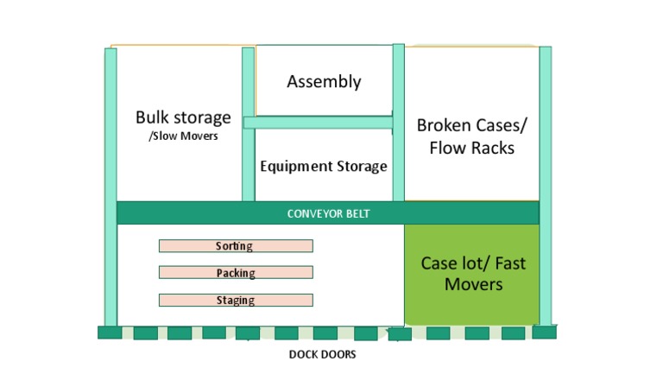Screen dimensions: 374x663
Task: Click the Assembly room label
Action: point(324,82)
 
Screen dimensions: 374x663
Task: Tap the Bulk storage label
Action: point(183,117)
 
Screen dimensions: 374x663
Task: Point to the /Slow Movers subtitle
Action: point(183,136)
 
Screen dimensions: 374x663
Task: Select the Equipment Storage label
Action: point(324,166)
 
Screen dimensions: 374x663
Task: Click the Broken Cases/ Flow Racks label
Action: point(471,136)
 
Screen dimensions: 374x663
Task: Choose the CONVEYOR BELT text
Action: point(328,213)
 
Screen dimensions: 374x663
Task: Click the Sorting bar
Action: point(236,246)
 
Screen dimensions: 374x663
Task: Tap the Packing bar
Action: point(236,273)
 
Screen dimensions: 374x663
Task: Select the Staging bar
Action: point(236,301)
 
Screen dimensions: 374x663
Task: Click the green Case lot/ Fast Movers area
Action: point(472,273)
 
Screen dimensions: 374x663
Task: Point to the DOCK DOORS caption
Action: point(322,355)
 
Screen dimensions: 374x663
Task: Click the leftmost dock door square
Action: point(110,333)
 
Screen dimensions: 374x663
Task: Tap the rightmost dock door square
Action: point(544,332)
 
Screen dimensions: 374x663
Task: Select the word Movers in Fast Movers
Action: point(473,283)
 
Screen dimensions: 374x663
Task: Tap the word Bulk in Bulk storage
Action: point(154,117)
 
